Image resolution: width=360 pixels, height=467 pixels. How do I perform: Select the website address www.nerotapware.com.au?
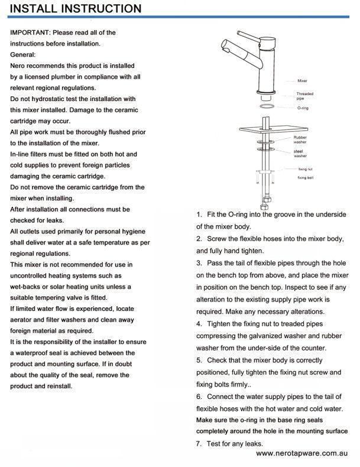(301, 454)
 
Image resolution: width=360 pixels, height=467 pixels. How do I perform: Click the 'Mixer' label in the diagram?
(302, 80)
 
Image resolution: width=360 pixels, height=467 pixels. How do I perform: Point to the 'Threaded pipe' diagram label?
(304, 96)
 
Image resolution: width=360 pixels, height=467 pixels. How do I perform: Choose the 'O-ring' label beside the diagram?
(303, 109)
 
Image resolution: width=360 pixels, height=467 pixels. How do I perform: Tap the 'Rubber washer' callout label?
(300, 140)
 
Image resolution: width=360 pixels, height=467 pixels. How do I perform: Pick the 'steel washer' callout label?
(300, 154)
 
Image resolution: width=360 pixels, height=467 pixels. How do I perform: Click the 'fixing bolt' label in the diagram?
(306, 177)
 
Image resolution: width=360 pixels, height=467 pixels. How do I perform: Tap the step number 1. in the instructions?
(199, 214)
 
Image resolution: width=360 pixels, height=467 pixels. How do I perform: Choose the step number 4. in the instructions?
(199, 324)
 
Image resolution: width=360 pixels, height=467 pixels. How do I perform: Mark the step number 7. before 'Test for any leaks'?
(199, 443)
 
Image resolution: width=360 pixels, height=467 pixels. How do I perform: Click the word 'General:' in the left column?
(23, 54)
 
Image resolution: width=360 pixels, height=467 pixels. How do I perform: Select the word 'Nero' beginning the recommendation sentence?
(19, 66)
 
